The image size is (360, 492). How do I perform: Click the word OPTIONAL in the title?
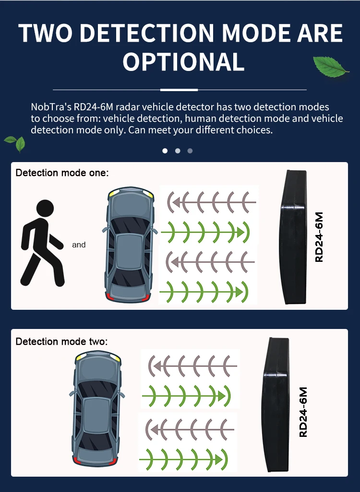point(183,62)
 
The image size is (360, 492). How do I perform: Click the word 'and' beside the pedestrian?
point(79,245)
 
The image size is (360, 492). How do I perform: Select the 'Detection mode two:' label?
point(62,342)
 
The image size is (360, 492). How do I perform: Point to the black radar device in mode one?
point(293,237)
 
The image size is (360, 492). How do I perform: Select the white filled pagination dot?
point(165,151)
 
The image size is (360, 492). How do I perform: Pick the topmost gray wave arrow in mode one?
point(211,202)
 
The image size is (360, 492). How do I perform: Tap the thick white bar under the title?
point(179,90)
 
